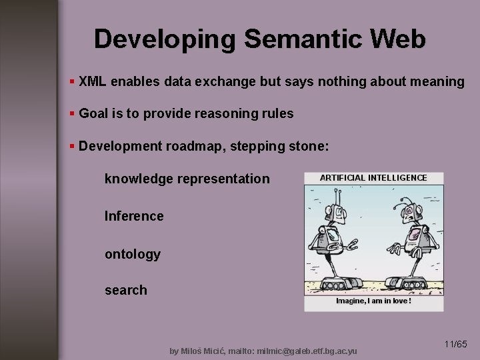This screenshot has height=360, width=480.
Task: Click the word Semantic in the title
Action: click(304, 39)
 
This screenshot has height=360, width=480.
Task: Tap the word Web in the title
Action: click(399, 39)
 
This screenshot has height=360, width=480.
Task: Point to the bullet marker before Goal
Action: click(72, 113)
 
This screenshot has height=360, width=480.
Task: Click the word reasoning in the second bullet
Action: click(225, 114)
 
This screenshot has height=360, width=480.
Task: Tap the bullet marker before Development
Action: click(72, 146)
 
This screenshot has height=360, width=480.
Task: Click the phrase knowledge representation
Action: click(187, 179)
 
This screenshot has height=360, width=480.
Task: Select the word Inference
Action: click(134, 216)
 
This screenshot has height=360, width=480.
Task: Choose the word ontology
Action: click(133, 254)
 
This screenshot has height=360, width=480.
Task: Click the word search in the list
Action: click(126, 290)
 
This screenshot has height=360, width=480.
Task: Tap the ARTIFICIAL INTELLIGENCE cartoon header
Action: click(373, 178)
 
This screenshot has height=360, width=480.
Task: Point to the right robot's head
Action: click(412, 212)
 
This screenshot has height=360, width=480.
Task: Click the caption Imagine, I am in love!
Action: click(373, 301)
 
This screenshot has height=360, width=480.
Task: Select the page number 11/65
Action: click(455, 345)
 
